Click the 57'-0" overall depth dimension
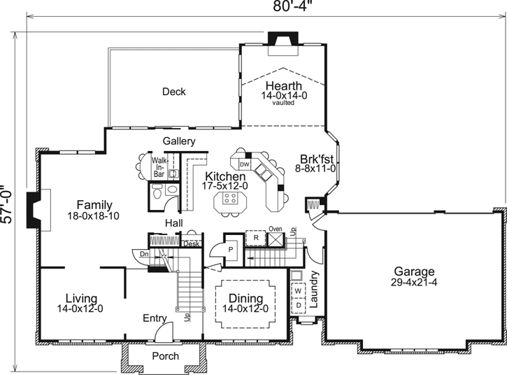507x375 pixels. (x=8, y=204)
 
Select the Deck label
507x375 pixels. (x=173, y=92)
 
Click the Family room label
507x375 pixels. (x=94, y=205)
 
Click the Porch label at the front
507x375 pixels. (x=165, y=355)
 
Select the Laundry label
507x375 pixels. (x=314, y=290)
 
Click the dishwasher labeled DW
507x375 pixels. (x=244, y=164)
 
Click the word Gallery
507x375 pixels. (x=179, y=141)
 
